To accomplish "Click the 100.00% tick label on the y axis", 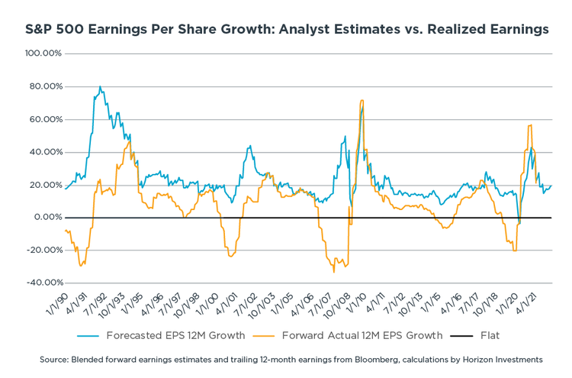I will pos(43,54).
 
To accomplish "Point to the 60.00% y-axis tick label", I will pos(45,120).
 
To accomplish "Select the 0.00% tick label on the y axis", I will pos(47,218).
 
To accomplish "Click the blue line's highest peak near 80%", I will pos(101,87).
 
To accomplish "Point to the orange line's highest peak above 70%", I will pos(362,100).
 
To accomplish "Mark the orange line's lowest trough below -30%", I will pos(334,271).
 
